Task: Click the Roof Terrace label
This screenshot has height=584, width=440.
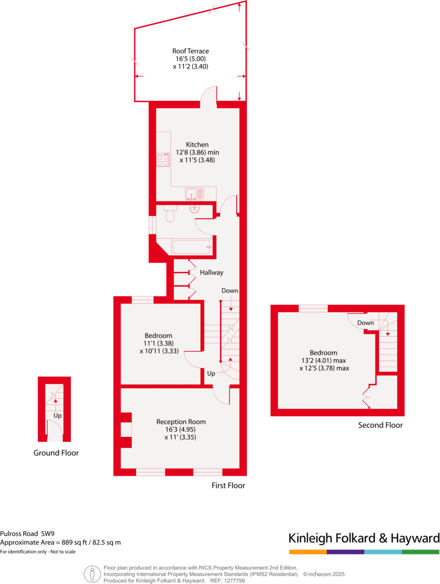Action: tap(190, 51)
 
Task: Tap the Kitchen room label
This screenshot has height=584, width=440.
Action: tap(197, 145)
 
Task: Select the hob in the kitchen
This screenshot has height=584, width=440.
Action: tap(163, 160)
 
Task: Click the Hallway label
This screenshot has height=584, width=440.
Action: tap(212, 273)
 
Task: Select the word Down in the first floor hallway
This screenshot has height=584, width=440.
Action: tap(230, 291)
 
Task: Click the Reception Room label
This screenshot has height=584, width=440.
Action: tap(181, 422)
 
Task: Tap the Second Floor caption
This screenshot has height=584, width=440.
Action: tap(380, 425)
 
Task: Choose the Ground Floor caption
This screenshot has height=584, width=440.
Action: tap(56, 453)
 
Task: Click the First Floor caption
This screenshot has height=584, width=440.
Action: tap(228, 485)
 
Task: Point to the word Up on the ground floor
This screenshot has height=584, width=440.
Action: tap(58, 416)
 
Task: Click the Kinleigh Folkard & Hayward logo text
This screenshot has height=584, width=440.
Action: tap(364, 538)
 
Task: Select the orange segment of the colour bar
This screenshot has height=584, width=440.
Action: tap(308, 552)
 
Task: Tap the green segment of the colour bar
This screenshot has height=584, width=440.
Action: tap(421, 552)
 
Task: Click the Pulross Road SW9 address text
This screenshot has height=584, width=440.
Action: tap(28, 533)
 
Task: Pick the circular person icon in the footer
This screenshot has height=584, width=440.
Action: tap(92, 574)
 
